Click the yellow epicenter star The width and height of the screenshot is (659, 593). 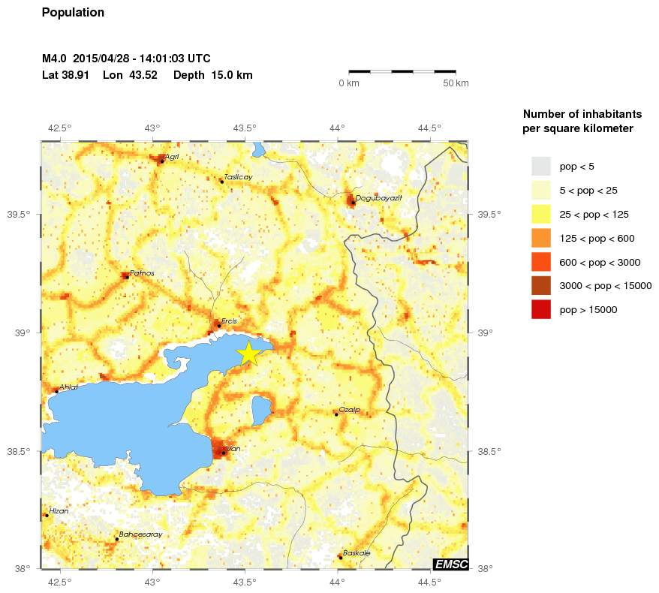[x=248, y=353]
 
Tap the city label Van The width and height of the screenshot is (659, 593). [x=233, y=449]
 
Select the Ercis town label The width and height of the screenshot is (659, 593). [x=229, y=321]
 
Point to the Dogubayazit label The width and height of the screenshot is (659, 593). [x=379, y=197]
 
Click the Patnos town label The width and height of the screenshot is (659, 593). [x=142, y=273]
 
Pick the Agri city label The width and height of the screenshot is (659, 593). [x=172, y=157]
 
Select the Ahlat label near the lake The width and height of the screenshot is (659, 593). [x=68, y=387]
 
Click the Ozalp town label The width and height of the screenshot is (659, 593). [x=350, y=410]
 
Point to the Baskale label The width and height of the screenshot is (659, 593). [x=357, y=553]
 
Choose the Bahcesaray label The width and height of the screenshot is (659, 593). [x=141, y=534]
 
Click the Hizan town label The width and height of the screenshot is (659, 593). [x=59, y=511]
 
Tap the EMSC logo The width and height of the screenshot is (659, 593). [x=450, y=564]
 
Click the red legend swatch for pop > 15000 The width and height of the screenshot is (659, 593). [x=540, y=309]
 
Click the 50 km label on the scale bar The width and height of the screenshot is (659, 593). [x=456, y=83]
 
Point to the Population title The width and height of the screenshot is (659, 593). [x=73, y=13]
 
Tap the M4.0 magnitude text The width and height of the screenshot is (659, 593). [x=55, y=59]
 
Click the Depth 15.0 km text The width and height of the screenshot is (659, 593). [x=212, y=75]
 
